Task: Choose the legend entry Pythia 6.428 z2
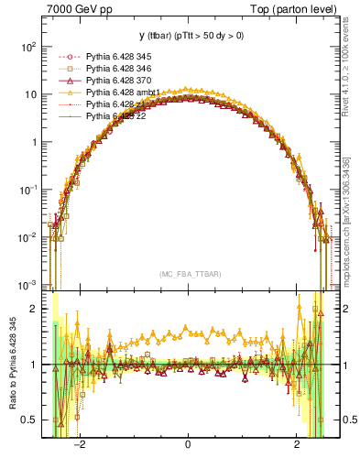(x=111, y=116)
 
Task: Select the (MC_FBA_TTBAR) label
(x=187, y=274)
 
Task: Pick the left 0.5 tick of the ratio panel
(x=28, y=420)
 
